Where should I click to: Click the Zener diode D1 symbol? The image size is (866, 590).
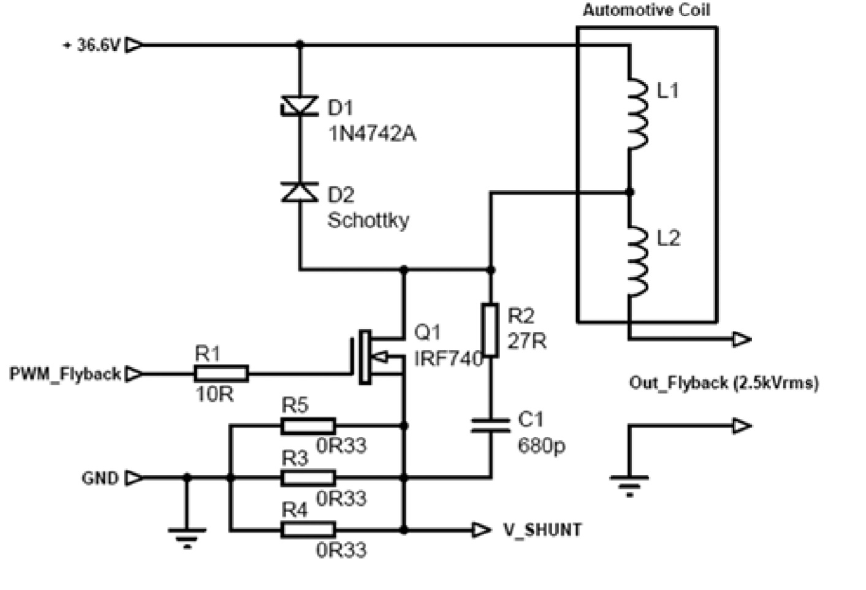(300, 106)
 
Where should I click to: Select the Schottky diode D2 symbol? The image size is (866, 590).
(300, 192)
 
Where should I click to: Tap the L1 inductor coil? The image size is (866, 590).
(637, 113)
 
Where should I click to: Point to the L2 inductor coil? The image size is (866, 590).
(637, 261)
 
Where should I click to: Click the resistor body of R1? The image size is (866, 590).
(221, 374)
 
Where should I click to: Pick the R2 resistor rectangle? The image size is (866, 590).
(490, 330)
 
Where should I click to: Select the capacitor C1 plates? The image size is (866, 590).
(490, 425)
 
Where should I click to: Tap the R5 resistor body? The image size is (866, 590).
(308, 426)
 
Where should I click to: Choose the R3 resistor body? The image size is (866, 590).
(308, 478)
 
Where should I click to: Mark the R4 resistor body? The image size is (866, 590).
(308, 530)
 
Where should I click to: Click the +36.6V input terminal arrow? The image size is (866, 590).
(134, 45)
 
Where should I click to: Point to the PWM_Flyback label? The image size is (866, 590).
(65, 374)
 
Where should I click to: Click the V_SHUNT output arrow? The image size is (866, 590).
(482, 530)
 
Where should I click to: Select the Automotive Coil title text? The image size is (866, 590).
(647, 10)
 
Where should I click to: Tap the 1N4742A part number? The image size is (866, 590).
(372, 134)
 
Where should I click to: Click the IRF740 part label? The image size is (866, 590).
(449, 358)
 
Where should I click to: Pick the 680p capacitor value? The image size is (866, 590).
(541, 446)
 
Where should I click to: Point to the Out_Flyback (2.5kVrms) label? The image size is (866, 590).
(724, 383)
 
